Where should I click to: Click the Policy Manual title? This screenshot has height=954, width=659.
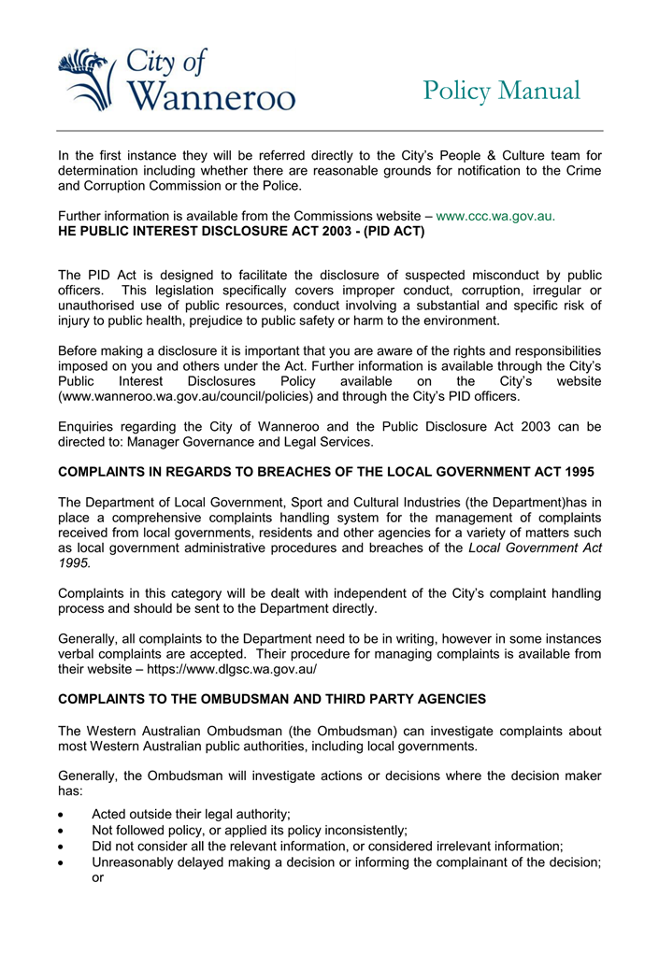coord(501,91)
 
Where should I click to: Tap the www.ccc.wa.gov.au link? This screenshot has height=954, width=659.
coord(495,216)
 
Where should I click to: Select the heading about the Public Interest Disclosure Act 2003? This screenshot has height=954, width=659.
coord(241,231)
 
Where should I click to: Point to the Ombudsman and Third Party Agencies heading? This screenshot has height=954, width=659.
coord(271,698)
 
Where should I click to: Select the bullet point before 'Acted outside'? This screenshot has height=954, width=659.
coord(63,815)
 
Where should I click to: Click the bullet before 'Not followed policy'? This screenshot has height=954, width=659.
coord(63,831)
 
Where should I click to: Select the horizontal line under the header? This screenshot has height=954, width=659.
coord(329,130)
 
